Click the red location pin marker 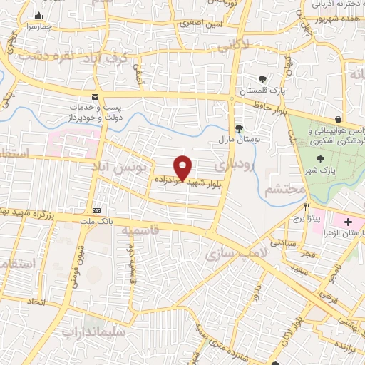[182, 167]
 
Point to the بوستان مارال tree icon [240, 128]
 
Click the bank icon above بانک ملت [97, 210]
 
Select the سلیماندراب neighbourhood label [94, 332]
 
